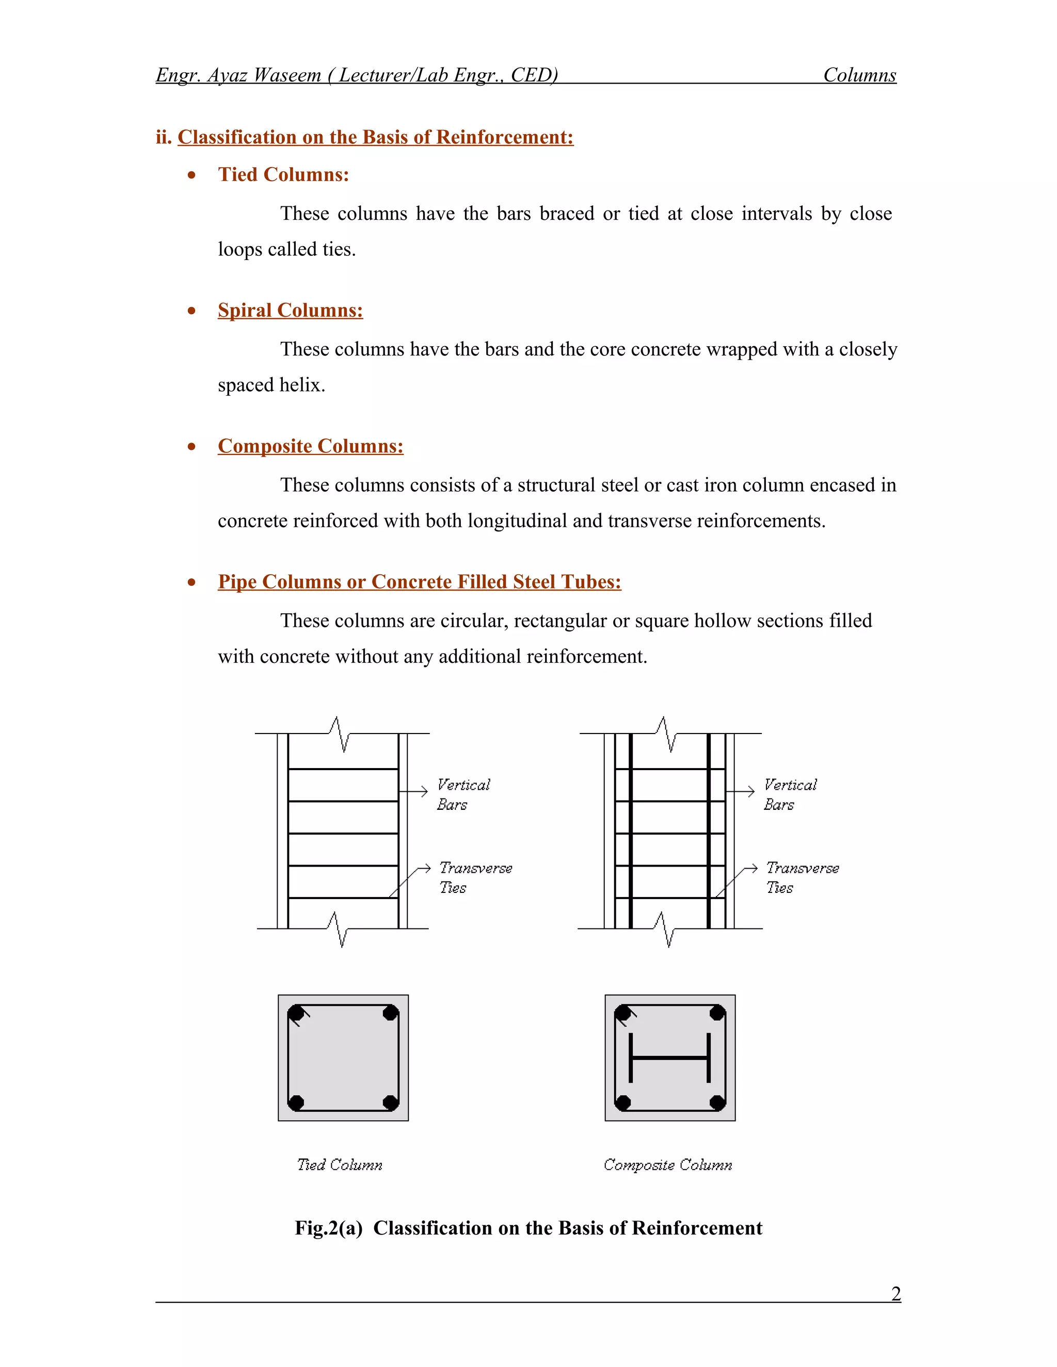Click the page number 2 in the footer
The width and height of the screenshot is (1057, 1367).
pyautogui.click(x=895, y=1293)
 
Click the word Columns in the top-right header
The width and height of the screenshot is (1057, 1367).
pyautogui.click(x=859, y=75)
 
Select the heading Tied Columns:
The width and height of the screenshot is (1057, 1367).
pyautogui.click(x=283, y=175)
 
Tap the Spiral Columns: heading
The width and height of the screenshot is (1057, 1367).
pyautogui.click(x=290, y=311)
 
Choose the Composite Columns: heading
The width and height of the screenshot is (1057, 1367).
pyautogui.click(x=310, y=446)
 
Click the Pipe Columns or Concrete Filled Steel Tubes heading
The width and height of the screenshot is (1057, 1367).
pyautogui.click(x=419, y=582)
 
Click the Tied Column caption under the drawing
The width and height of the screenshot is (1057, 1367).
pyautogui.click(x=340, y=1165)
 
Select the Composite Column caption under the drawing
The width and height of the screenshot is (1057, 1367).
pyautogui.click(x=667, y=1165)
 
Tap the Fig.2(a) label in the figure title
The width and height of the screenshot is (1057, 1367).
pyautogui.click(x=328, y=1228)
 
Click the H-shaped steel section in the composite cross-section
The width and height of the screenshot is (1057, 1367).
pyautogui.click(x=669, y=1058)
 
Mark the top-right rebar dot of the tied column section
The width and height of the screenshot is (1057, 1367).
pyautogui.click(x=390, y=1013)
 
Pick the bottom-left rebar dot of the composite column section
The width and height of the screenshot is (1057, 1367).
pyautogui.click(x=622, y=1102)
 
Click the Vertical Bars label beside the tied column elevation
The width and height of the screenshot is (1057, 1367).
pyautogui.click(x=463, y=794)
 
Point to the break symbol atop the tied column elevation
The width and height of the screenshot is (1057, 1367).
pyautogui.click(x=339, y=733)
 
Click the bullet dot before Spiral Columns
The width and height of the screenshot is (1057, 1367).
pyautogui.click(x=191, y=311)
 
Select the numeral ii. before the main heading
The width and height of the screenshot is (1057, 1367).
pyautogui.click(x=164, y=137)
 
